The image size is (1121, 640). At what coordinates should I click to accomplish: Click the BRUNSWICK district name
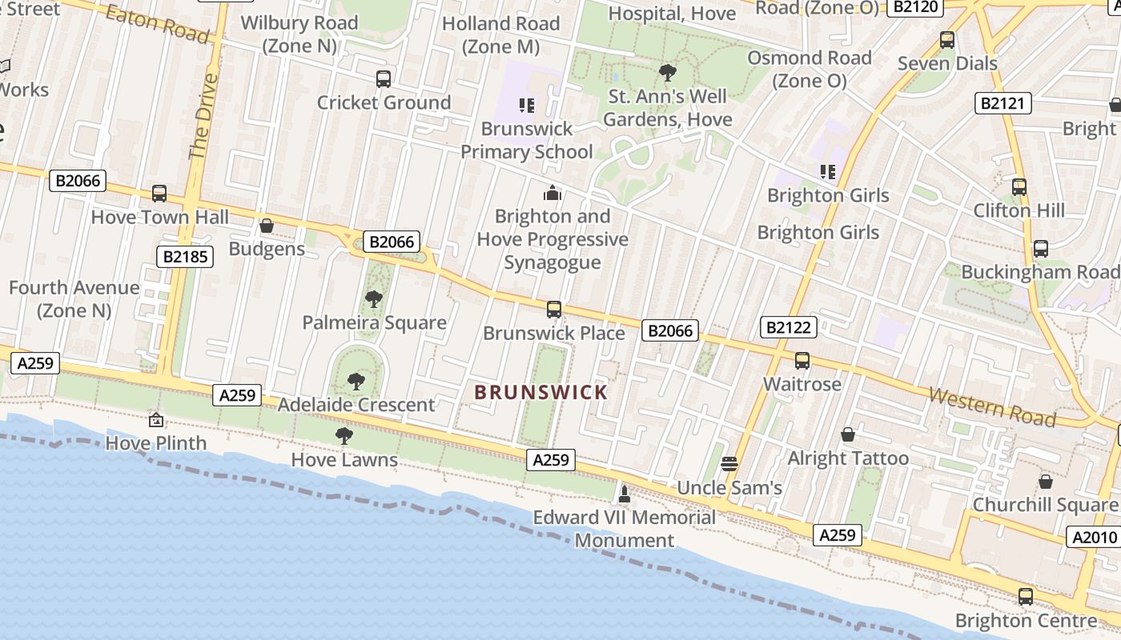pos(540,392)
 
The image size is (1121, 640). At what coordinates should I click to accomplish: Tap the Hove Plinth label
pos(156,442)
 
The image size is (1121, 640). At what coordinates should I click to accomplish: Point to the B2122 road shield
pos(789,326)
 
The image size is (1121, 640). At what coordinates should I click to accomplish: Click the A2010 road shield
pos(1093,537)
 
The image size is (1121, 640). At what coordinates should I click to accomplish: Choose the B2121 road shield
pos(1002,103)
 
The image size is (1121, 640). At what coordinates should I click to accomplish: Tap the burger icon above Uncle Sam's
pos(729,463)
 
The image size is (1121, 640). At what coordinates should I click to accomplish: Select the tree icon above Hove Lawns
pos(344,436)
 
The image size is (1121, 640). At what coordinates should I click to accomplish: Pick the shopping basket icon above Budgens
pos(267,226)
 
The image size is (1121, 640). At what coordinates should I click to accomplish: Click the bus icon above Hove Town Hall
pos(159,194)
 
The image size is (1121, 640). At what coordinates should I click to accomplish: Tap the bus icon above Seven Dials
pos(947,40)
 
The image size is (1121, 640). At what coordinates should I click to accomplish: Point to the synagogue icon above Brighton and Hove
pos(552,193)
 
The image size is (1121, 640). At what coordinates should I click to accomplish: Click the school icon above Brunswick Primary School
pos(526,105)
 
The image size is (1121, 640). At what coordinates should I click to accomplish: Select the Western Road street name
pos(992,406)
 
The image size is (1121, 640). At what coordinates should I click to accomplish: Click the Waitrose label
pos(802,384)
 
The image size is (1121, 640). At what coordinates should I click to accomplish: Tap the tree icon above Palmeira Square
pos(373,300)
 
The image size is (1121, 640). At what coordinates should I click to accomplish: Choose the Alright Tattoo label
pos(848,458)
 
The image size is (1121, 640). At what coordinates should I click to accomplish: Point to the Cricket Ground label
pos(384,102)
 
